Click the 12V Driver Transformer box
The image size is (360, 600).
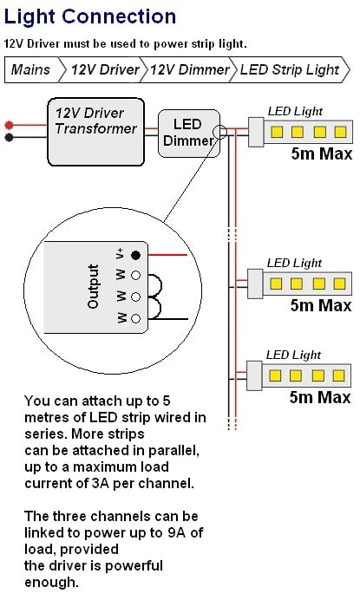95,132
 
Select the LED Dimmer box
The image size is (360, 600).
189,134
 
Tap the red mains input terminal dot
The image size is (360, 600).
9,125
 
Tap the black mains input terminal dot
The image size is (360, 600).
9,137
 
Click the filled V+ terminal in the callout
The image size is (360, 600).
135,255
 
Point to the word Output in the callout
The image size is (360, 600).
93,287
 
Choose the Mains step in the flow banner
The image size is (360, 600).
30,69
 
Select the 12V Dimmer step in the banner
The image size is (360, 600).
190,69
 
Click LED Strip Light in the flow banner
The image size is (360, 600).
290,69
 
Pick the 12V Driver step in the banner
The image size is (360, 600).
105,69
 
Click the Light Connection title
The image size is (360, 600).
90,16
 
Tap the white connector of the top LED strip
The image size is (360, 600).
256,132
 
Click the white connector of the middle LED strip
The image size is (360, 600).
255,284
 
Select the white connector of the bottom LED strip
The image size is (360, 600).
254,375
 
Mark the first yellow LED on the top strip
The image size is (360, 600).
277,132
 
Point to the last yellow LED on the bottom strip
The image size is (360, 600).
338,375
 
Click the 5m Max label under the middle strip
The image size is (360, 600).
321,305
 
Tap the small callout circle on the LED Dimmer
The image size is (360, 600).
220,133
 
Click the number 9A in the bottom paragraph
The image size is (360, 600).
176,532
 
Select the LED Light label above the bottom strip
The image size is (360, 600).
293,355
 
